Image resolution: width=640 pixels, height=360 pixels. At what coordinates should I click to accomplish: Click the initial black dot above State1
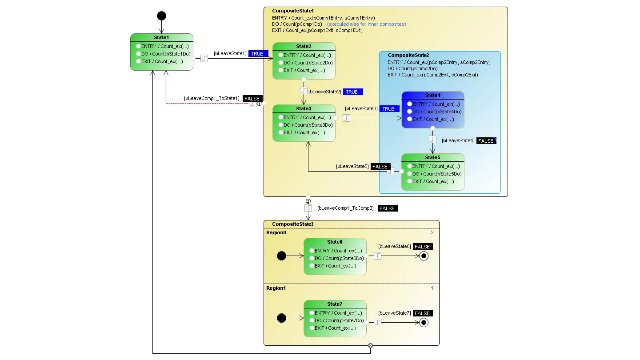pyautogui.click(x=161, y=16)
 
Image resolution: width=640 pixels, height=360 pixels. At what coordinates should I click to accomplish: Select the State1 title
pyautogui.click(x=161, y=37)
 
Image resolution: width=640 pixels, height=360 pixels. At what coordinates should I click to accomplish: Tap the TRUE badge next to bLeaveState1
pyautogui.click(x=258, y=54)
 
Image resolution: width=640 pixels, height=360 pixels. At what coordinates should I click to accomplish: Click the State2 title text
pyautogui.click(x=304, y=46)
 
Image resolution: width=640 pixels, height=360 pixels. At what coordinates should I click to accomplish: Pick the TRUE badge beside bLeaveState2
pyautogui.click(x=352, y=92)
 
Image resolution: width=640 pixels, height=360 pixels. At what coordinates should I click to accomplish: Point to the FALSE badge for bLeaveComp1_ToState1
pyautogui.click(x=252, y=98)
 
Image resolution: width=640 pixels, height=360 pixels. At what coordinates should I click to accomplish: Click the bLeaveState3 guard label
pyautogui.click(x=361, y=109)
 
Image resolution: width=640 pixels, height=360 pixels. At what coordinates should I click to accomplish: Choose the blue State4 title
pyautogui.click(x=432, y=95)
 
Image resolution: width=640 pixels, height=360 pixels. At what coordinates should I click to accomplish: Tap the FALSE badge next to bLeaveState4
pyautogui.click(x=486, y=141)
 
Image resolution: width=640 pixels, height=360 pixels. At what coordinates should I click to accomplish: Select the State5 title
pyautogui.click(x=432, y=157)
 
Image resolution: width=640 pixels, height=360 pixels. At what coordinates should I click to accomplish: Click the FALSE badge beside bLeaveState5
pyautogui.click(x=380, y=167)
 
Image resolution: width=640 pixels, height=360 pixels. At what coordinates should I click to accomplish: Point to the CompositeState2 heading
pyautogui.click(x=408, y=56)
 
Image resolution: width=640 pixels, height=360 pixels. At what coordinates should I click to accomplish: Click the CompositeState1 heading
pyautogui.click(x=293, y=11)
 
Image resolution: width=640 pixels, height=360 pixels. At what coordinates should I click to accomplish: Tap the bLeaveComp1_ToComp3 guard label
pyautogui.click(x=345, y=208)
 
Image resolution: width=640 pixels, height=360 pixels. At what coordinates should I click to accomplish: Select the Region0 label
pyautogui.click(x=276, y=232)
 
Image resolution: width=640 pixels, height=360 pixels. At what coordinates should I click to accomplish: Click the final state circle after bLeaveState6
pyautogui.click(x=424, y=256)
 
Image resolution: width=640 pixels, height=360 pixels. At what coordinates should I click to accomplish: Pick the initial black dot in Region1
pyautogui.click(x=281, y=318)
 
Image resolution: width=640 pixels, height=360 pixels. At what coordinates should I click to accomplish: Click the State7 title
pyautogui.click(x=335, y=304)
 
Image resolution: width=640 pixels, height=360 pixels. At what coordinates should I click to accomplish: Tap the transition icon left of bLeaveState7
pyautogui.click(x=377, y=322)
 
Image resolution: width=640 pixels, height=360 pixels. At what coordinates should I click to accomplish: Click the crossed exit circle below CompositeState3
pyautogui.click(x=370, y=346)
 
